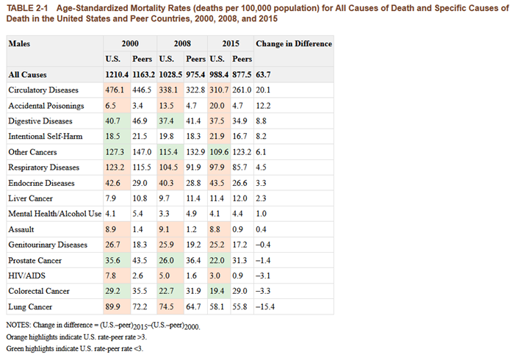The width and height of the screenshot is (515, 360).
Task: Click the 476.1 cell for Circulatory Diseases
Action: click(115, 90)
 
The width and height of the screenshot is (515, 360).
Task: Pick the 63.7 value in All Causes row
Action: click(264, 74)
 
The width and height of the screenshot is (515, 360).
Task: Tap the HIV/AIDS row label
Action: click(27, 276)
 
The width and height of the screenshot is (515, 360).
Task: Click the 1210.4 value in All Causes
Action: click(118, 74)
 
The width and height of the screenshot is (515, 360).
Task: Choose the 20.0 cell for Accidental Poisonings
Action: click(219, 106)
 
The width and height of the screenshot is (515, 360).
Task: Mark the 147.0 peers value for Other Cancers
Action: click(142, 152)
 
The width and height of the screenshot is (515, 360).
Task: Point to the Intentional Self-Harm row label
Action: click(43, 137)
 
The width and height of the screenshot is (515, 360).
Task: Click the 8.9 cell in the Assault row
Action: click(112, 229)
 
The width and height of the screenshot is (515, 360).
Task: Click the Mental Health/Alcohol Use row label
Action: click(54, 214)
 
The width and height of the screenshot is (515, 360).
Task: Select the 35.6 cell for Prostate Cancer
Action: click(115, 260)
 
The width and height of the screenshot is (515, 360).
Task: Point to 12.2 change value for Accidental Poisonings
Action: click(264, 106)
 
